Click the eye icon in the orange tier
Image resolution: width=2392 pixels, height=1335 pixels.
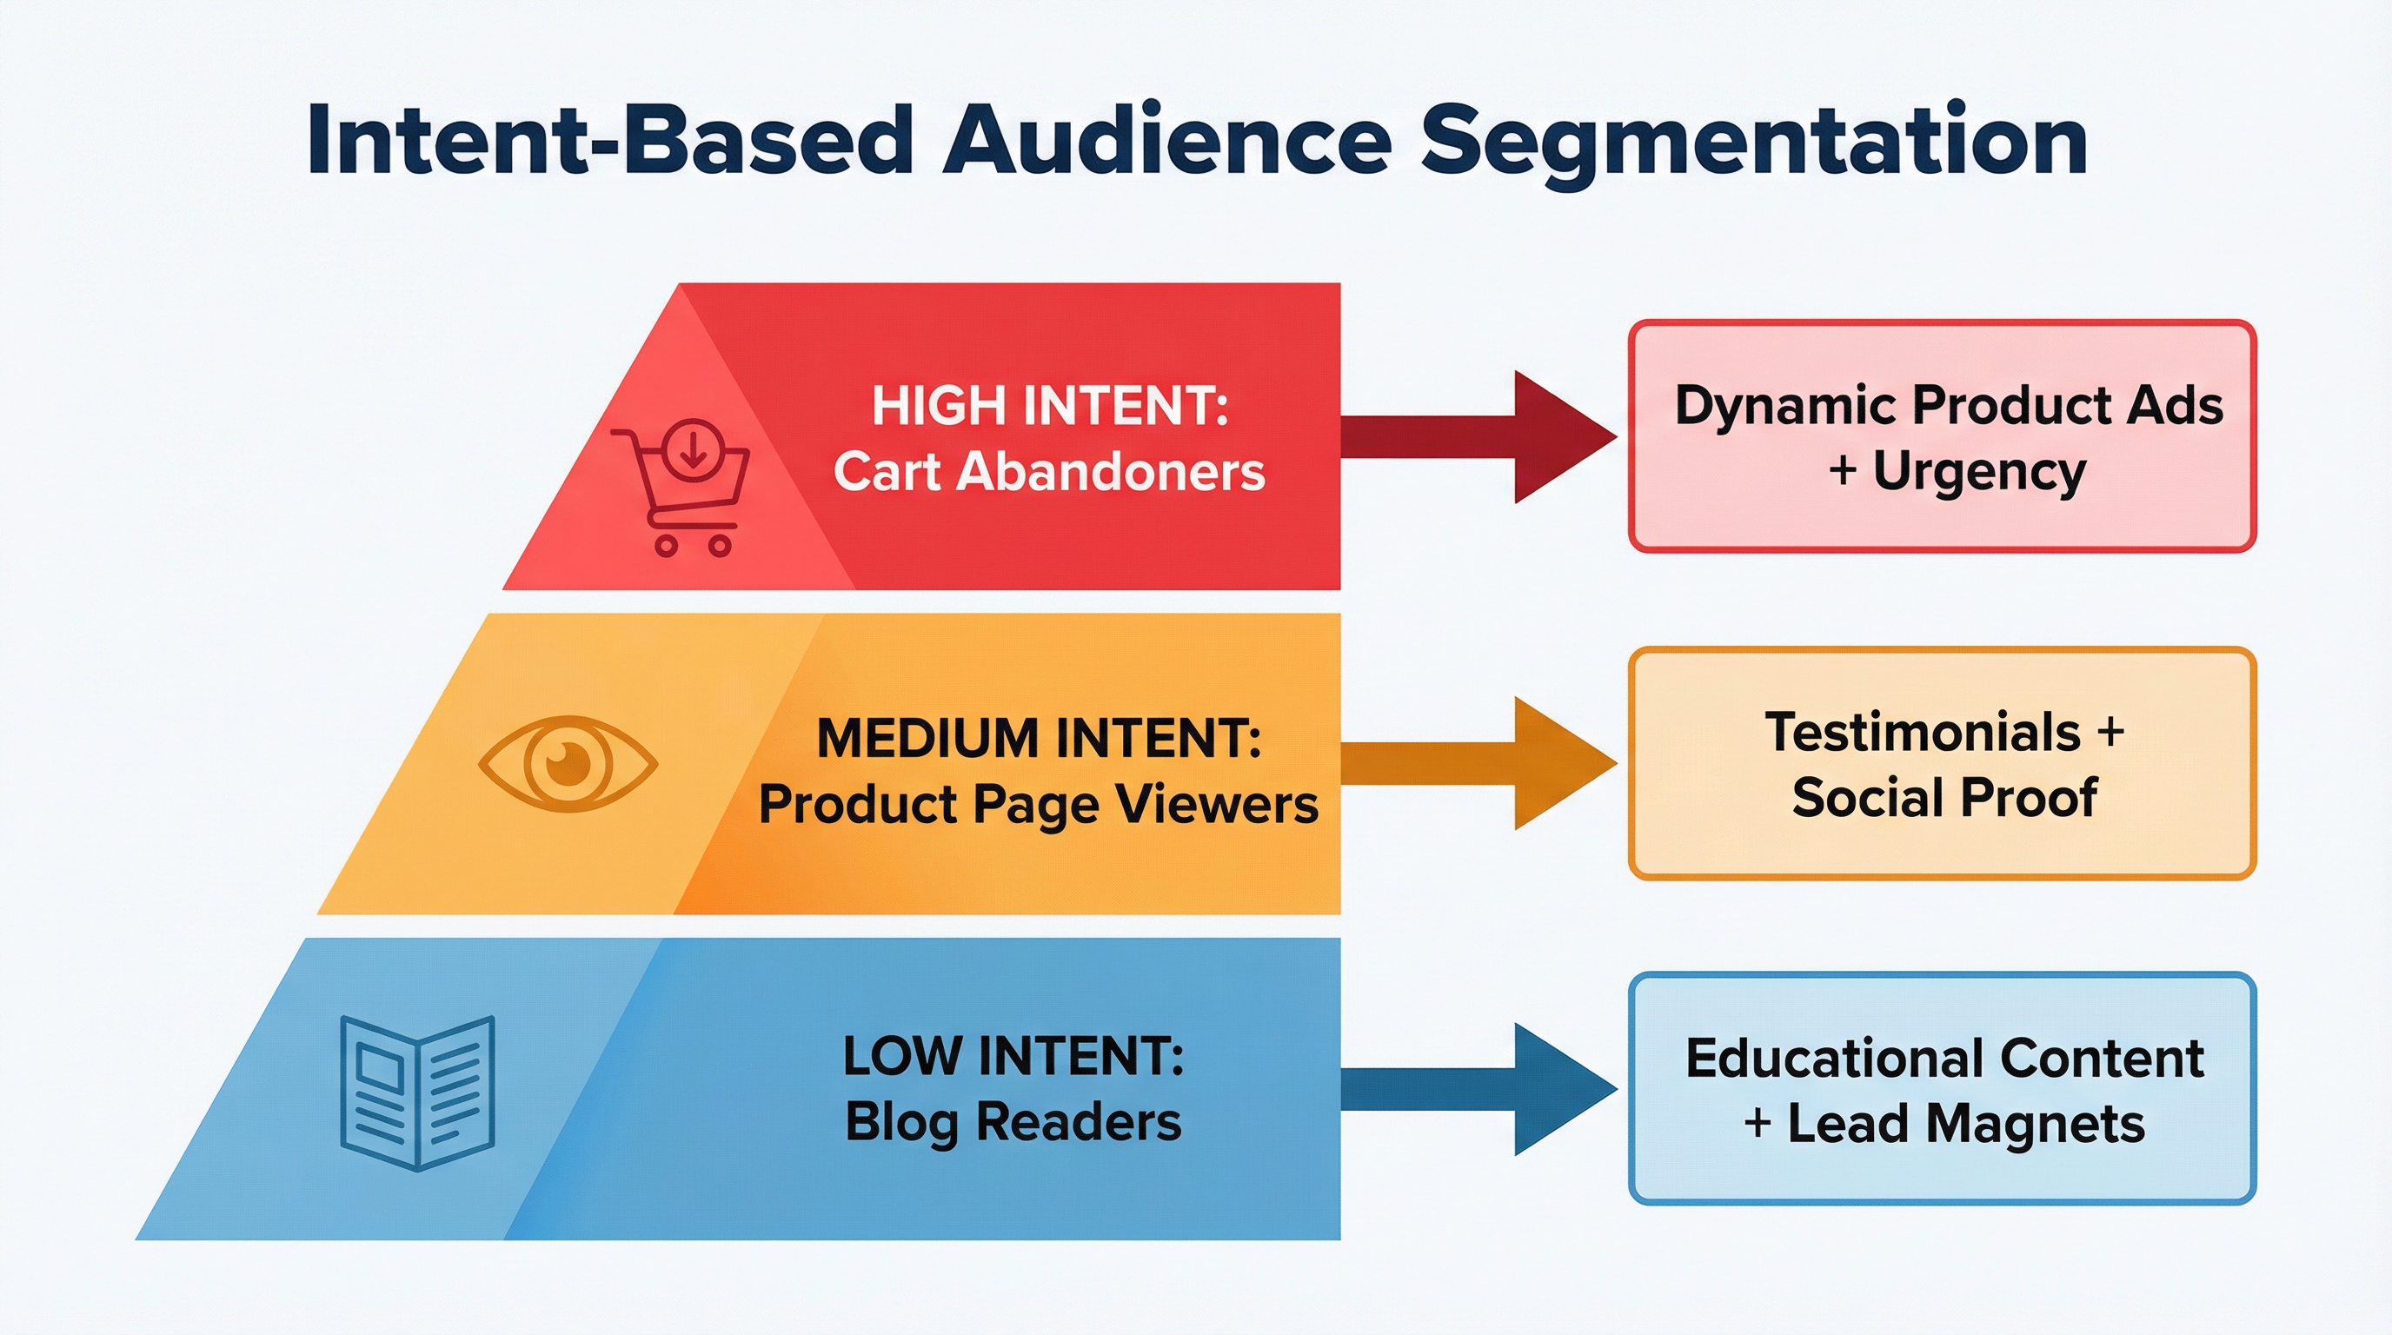click(568, 763)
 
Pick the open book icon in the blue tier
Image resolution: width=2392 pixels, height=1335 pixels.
click(417, 1092)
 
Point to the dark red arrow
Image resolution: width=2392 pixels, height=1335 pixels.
click(1477, 436)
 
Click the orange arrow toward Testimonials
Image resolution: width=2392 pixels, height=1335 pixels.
click(1477, 763)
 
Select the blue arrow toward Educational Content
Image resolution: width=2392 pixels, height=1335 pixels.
click(1477, 1089)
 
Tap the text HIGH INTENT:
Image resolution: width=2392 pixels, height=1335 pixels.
click(1049, 407)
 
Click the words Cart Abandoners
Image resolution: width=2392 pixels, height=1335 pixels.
click(1049, 472)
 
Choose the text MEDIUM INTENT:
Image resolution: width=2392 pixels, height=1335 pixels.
click(1039, 739)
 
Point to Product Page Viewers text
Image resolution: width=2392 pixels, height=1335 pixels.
click(1038, 804)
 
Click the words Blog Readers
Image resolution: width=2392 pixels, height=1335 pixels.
click(1013, 1122)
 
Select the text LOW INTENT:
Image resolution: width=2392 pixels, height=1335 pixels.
click(1013, 1057)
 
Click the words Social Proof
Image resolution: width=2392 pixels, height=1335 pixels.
click(1943, 798)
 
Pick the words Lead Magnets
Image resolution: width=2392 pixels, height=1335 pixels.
click(1966, 1125)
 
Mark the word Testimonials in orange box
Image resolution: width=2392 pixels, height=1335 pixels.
click(1922, 733)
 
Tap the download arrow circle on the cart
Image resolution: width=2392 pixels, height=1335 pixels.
click(692, 448)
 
